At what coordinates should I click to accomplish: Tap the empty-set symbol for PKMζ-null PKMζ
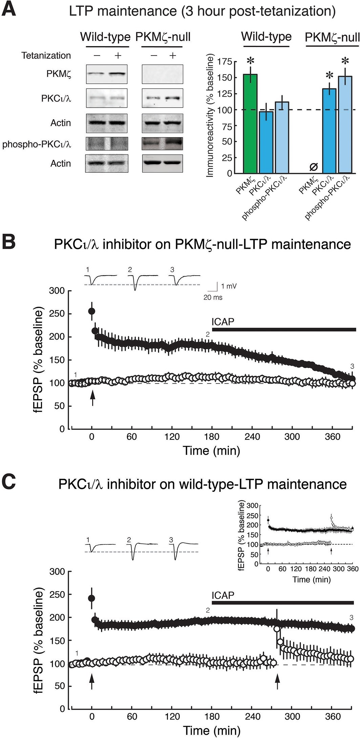pos(314,167)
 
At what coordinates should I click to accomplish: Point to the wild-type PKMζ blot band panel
pos(107,74)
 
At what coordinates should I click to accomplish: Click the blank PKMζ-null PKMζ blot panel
pos(162,74)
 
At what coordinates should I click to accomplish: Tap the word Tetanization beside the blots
pos(46,56)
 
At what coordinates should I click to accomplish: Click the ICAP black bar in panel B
pos(284,329)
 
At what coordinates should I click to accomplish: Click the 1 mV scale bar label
pos(229,286)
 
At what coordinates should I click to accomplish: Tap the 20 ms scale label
pos(213,298)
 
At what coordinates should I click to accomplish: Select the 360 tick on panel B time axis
pos(332,437)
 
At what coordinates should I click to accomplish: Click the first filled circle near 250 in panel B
pos(91,311)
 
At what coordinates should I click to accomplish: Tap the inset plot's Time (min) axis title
pos(311,579)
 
